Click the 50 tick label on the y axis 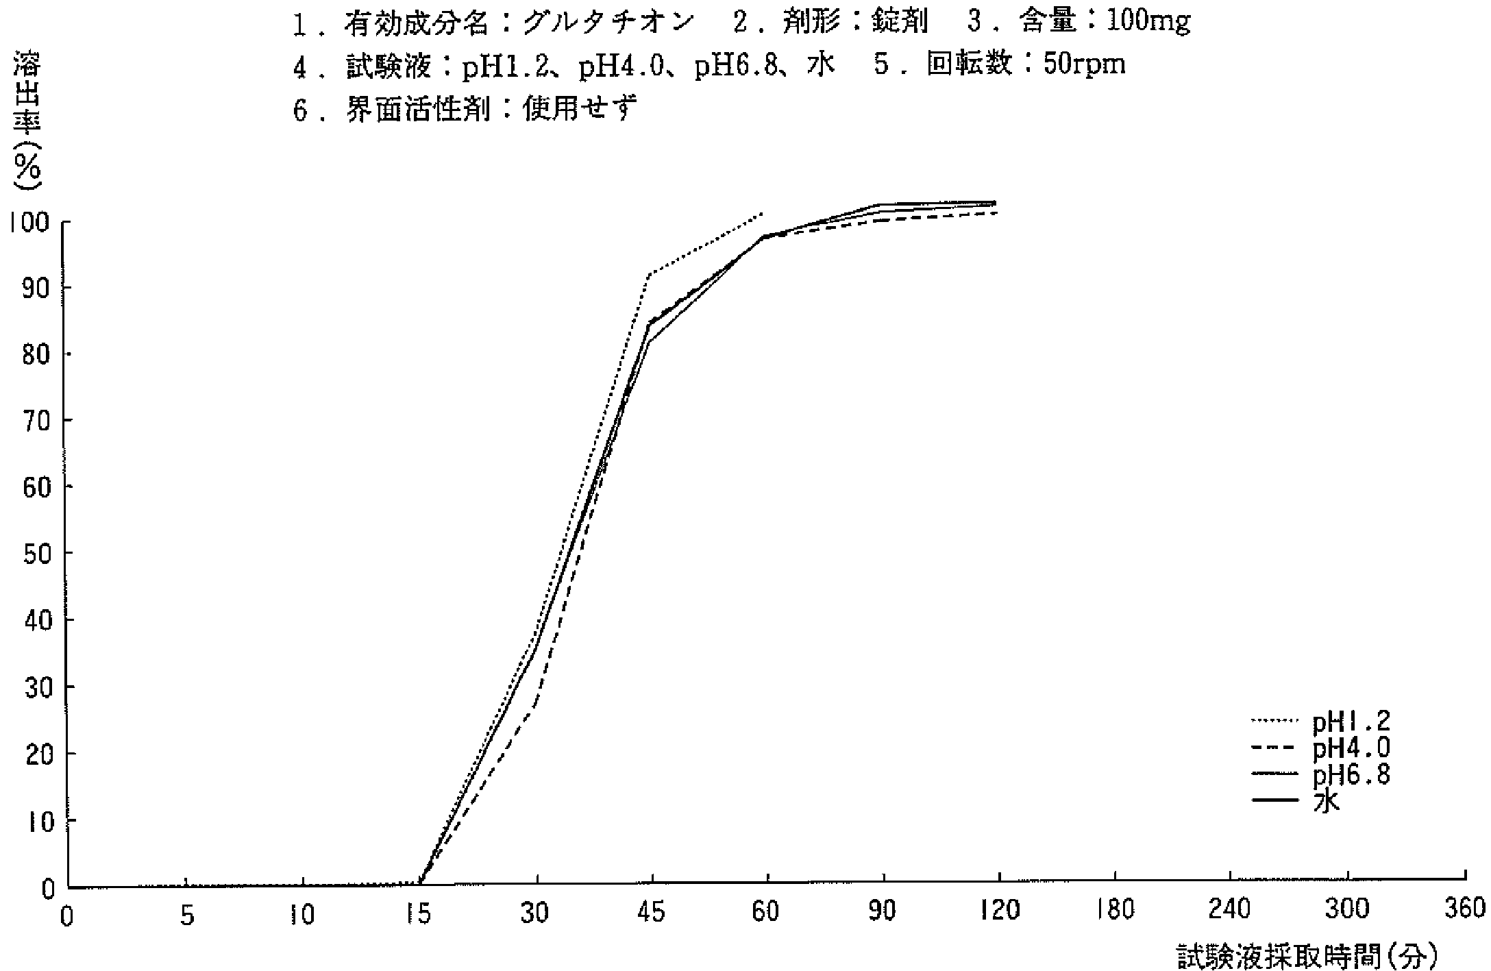tap(38, 553)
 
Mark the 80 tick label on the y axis tap(38, 354)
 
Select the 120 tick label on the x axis tap(999, 912)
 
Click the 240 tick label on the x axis tap(1231, 911)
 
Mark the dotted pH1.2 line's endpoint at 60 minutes tap(762, 214)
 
